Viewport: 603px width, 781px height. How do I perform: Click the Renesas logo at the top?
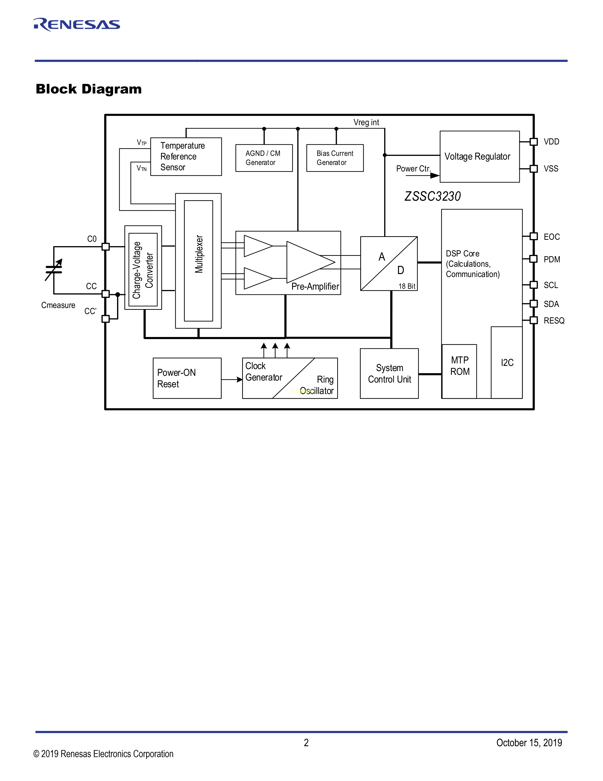click(x=77, y=24)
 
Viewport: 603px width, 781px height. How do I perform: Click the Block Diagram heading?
click(x=89, y=89)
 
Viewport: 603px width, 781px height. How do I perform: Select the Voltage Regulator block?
click(x=479, y=157)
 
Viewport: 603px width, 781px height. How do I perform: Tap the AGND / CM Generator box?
click(x=264, y=158)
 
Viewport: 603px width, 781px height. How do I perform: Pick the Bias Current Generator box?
click(x=335, y=158)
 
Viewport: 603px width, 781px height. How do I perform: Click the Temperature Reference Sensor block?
click(x=186, y=157)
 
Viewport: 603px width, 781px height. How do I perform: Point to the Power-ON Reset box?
click(x=187, y=378)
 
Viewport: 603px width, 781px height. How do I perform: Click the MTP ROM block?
click(x=459, y=371)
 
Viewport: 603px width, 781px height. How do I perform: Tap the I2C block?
click(x=507, y=363)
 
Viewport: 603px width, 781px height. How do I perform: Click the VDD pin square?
click(x=534, y=142)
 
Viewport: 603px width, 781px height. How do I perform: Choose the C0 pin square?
click(x=105, y=246)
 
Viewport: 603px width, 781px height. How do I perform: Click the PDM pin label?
click(x=551, y=259)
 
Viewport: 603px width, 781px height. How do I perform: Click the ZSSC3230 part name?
click(x=432, y=196)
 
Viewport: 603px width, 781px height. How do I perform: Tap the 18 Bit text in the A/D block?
click(x=407, y=286)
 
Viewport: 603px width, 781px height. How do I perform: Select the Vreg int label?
click(x=366, y=122)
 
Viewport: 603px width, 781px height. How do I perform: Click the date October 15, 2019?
click(x=529, y=743)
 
